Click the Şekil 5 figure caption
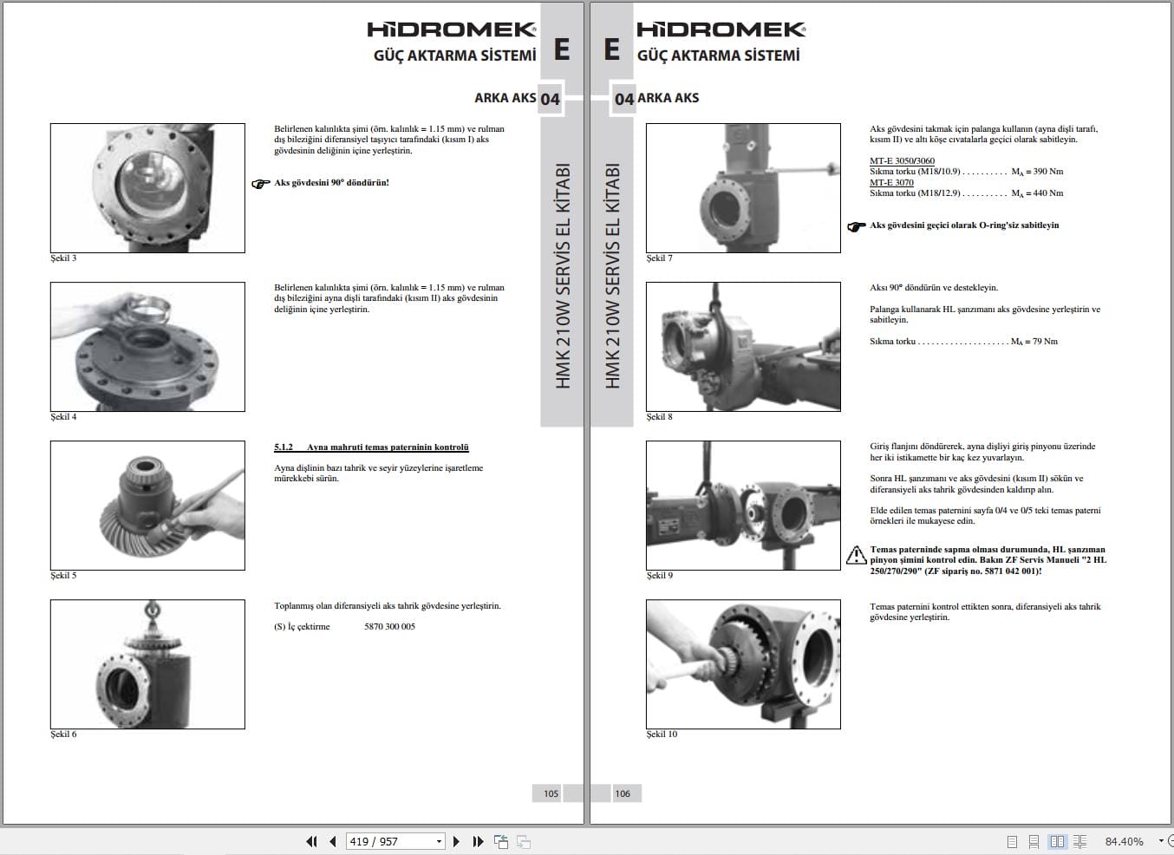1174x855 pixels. (x=63, y=576)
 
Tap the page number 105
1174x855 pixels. (x=551, y=793)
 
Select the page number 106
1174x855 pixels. (x=623, y=793)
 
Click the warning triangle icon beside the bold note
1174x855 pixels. (x=856, y=555)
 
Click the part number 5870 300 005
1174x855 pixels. (x=389, y=627)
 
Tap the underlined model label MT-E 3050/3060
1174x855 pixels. (x=902, y=161)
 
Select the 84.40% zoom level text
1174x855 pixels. (x=1124, y=841)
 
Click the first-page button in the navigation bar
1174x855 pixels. (x=311, y=841)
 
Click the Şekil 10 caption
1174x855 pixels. (x=662, y=734)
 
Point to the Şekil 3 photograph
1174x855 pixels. (x=147, y=188)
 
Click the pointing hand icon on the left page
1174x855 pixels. (x=261, y=184)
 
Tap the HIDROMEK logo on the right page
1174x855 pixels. (x=721, y=29)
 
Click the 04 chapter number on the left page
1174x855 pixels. (x=550, y=99)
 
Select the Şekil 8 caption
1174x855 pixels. (x=659, y=417)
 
